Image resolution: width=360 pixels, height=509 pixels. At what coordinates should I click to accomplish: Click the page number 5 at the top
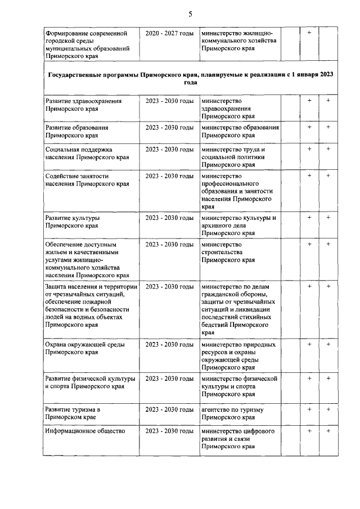190,14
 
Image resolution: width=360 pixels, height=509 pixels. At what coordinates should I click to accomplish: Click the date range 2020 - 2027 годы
169,34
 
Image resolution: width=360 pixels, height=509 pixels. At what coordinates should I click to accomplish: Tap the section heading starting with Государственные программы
190,78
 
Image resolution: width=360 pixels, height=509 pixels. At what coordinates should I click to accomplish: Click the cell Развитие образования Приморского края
77,132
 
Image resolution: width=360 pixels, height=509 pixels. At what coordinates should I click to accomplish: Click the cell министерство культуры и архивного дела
239,225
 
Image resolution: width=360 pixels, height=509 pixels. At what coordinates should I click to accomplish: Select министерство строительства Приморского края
228,253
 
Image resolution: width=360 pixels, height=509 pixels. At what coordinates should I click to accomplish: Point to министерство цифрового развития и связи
238,439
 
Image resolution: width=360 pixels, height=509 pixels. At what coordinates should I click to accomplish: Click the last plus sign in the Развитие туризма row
328,409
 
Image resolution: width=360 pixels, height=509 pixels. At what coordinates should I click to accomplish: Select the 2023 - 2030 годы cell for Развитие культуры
169,217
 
